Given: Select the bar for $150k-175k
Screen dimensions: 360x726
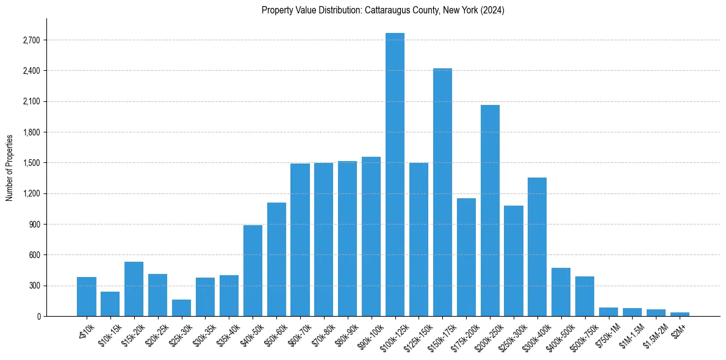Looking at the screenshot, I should point(442,192).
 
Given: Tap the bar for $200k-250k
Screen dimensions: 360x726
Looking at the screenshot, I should point(490,211).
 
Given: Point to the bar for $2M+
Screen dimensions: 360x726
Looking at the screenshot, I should point(680,314).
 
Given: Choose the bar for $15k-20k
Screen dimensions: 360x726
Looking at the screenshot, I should point(134,289).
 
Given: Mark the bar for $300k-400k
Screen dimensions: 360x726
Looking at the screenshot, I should point(537,247).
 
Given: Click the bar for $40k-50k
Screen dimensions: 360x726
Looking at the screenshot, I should point(253,271).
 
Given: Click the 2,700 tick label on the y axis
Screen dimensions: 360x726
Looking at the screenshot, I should point(31,40).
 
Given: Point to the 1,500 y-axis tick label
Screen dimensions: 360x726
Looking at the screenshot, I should point(31,163).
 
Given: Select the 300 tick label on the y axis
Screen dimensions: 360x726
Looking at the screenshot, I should point(33,286).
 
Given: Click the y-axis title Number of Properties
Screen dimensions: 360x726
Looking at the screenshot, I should point(9,167).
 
